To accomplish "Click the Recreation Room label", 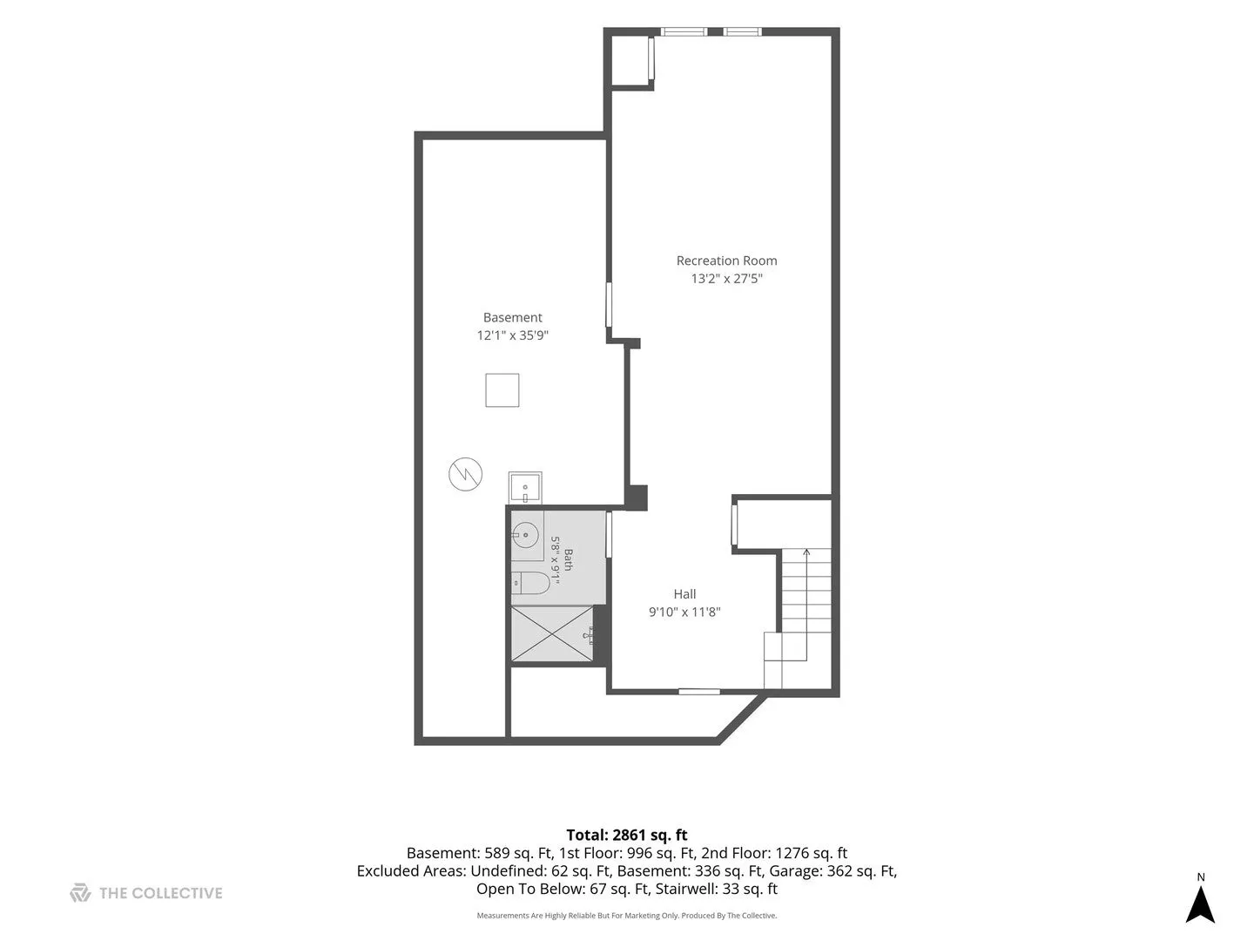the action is pyautogui.click(x=726, y=261).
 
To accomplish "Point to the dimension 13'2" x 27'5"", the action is pyautogui.click(x=726, y=278).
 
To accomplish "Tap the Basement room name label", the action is pyautogui.click(x=512, y=317).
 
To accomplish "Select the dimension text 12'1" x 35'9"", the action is pyautogui.click(x=512, y=335).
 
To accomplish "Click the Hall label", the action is pyautogui.click(x=684, y=593).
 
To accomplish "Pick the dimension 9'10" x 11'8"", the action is pyautogui.click(x=684, y=612).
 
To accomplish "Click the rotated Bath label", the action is pyautogui.click(x=568, y=559).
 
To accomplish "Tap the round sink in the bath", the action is pyautogui.click(x=526, y=535).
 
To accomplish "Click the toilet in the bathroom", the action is pyautogui.click(x=529, y=583).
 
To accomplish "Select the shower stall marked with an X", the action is pyautogui.click(x=552, y=634).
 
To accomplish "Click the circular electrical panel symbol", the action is pyautogui.click(x=465, y=474).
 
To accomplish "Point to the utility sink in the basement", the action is pyautogui.click(x=524, y=487).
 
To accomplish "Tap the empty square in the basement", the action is pyautogui.click(x=502, y=390).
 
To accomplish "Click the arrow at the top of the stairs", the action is pyautogui.click(x=806, y=552).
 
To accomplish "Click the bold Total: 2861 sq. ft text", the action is pyautogui.click(x=627, y=836).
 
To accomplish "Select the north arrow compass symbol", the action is pyautogui.click(x=1200, y=904).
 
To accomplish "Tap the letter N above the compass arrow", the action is pyautogui.click(x=1200, y=877).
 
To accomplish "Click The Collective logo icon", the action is pyautogui.click(x=80, y=893).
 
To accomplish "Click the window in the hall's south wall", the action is pyautogui.click(x=698, y=692).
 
